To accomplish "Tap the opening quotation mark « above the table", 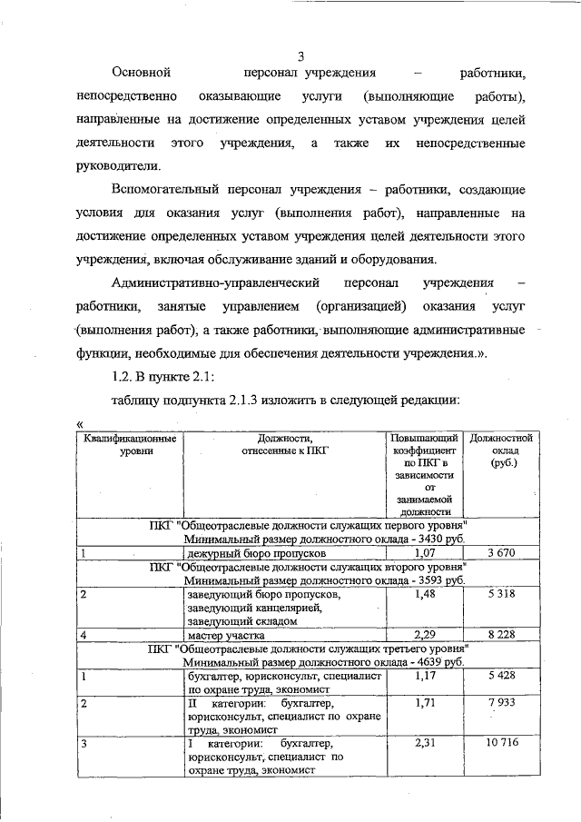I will click(x=82, y=423).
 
